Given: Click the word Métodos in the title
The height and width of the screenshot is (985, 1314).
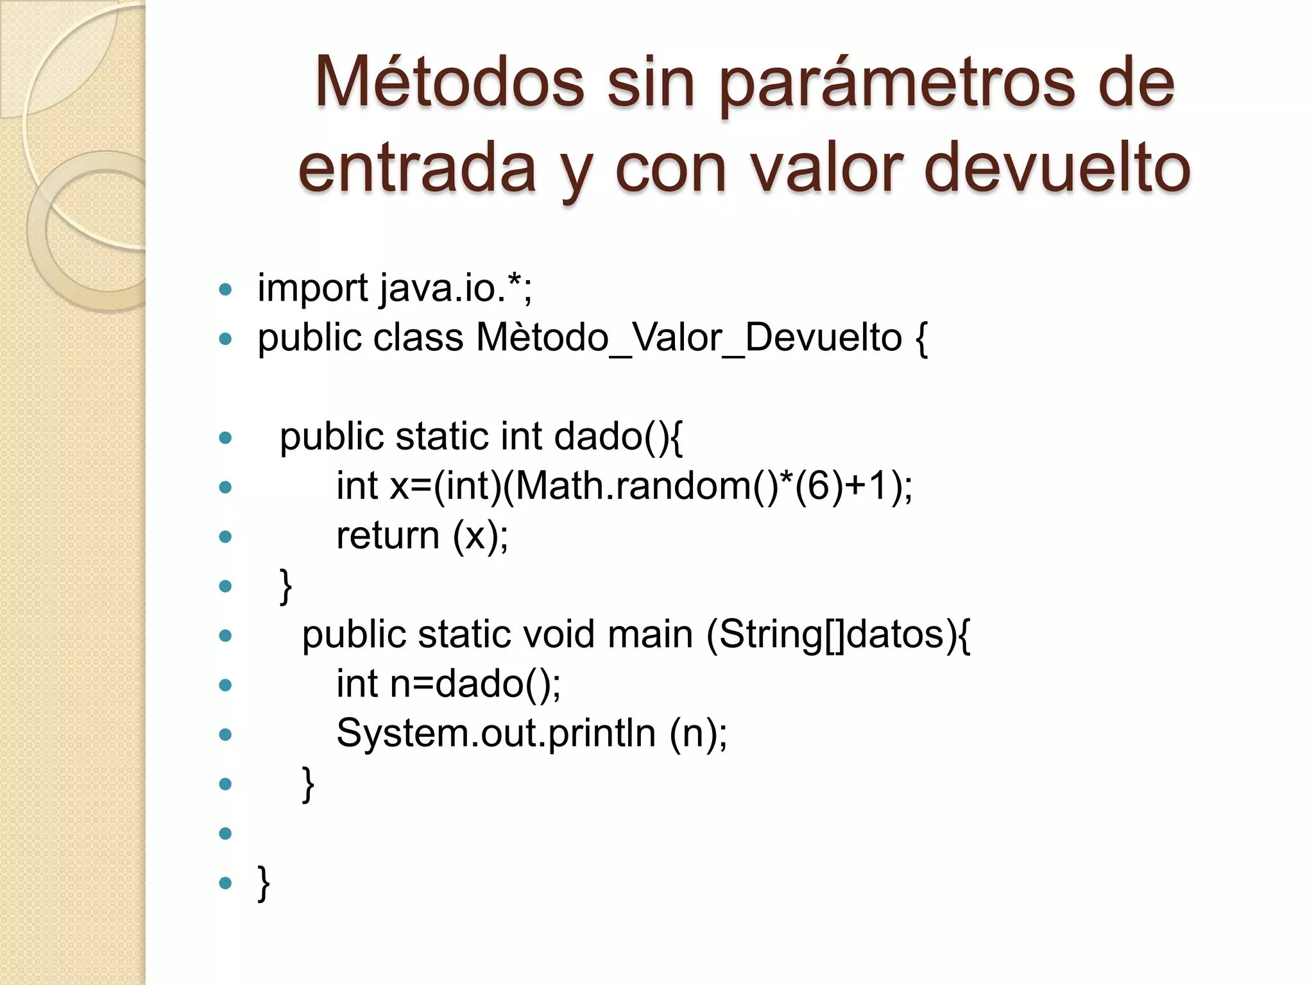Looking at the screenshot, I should tap(449, 83).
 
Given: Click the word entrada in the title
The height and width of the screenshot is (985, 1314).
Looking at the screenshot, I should tap(417, 168).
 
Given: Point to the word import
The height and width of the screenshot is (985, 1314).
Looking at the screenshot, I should tap(312, 289).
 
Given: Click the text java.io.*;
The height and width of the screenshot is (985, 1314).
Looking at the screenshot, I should tap(456, 289).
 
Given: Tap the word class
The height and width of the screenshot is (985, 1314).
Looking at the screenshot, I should tap(418, 338).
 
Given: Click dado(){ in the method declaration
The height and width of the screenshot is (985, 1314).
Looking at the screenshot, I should tap(618, 437).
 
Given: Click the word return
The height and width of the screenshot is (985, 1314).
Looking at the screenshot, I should tap(388, 535).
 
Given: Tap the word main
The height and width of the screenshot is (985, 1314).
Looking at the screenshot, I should tap(650, 635).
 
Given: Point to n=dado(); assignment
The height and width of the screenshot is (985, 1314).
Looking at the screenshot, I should tap(475, 684).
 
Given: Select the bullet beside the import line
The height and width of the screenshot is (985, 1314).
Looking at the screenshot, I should tap(225, 289).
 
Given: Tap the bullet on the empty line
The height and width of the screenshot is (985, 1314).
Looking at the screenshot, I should tap(225, 833).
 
